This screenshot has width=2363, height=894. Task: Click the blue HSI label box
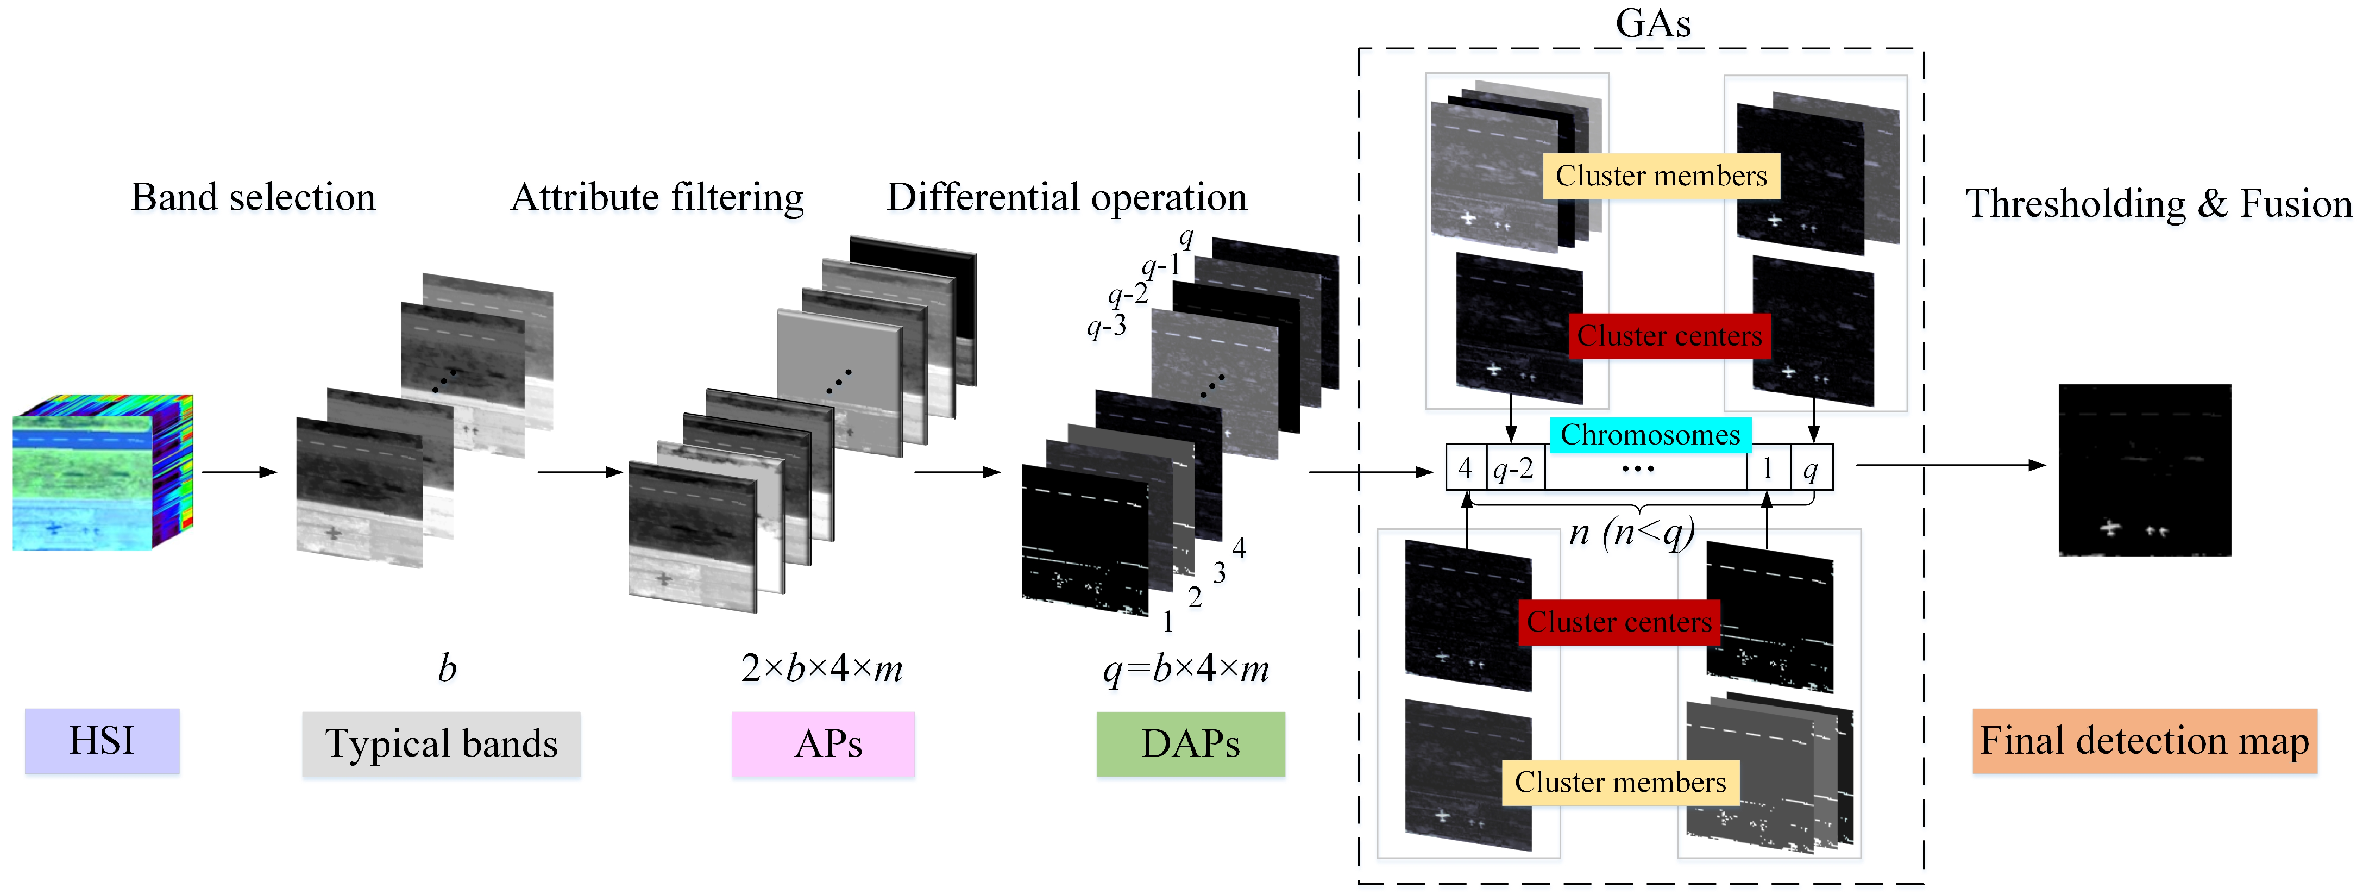[102, 741]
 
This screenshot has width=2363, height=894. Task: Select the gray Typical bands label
[441, 743]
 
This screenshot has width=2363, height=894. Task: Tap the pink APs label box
[823, 743]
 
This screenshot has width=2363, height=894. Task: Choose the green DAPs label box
[1191, 743]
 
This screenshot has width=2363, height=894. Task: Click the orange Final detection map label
[2145, 741]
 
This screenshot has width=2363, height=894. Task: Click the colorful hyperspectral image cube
[103, 473]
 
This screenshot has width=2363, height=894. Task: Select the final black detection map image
[2145, 470]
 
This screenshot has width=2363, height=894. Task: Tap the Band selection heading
[253, 197]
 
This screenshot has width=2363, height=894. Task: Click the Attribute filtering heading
[657, 197]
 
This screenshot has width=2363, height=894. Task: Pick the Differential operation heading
[1067, 197]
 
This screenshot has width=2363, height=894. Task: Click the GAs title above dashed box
[1653, 23]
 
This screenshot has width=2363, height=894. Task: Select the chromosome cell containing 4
[1466, 468]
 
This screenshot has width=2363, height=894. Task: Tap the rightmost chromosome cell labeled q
[1811, 468]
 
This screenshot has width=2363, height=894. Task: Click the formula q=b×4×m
[1186, 669]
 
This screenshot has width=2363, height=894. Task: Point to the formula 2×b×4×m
[822, 668]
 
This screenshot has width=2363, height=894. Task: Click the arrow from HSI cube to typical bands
[238, 472]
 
